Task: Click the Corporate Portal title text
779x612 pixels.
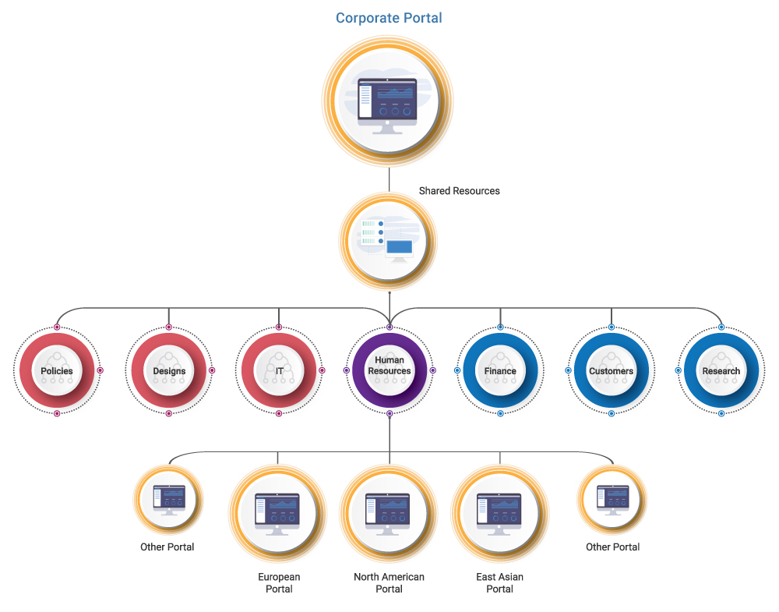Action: pos(389,18)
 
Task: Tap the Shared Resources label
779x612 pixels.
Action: pos(459,191)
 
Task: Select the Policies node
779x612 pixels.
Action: pos(57,370)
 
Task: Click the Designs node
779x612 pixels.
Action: pos(169,370)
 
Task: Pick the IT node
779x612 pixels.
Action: pos(279,370)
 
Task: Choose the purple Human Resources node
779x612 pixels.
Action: pos(389,370)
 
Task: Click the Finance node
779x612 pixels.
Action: pos(500,370)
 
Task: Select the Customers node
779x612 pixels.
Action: pos(611,370)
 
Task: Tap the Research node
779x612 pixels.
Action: pos(721,370)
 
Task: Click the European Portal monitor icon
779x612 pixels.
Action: pos(277,514)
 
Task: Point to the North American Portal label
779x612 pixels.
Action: pos(389,582)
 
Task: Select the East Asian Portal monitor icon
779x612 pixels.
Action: pos(499,514)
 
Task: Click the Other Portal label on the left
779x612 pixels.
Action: pos(167,547)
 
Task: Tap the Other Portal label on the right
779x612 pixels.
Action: pos(612,547)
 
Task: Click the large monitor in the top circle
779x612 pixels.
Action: pos(387,106)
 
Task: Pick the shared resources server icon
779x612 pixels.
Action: pos(387,241)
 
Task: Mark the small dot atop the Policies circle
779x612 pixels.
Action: pos(57,327)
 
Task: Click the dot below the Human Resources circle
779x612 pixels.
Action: pos(389,414)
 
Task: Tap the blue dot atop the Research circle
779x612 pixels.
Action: pos(721,327)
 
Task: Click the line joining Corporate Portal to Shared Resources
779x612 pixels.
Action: pos(389,180)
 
